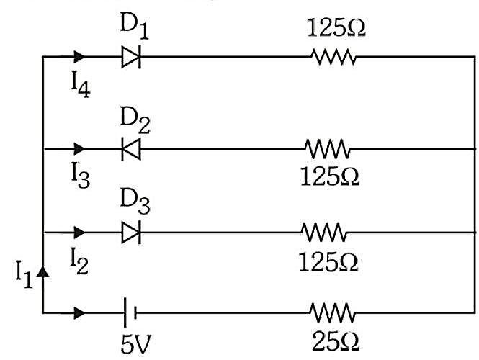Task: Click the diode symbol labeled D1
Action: click(x=131, y=57)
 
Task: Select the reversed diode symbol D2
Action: click(x=131, y=149)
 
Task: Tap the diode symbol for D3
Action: click(x=131, y=233)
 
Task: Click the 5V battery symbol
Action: click(x=130, y=312)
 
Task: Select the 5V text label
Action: click(x=135, y=344)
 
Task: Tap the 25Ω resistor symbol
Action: click(x=332, y=312)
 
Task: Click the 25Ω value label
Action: click(x=336, y=341)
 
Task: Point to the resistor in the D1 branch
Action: click(x=333, y=57)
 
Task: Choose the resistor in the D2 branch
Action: click(x=327, y=149)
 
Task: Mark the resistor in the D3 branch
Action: click(x=324, y=233)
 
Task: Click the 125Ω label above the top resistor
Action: click(x=336, y=28)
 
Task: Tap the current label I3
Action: click(x=81, y=175)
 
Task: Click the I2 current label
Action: click(x=79, y=261)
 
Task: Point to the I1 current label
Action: click(x=24, y=274)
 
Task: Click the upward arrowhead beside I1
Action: click(x=42, y=271)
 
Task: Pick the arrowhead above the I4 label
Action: click(x=79, y=57)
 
